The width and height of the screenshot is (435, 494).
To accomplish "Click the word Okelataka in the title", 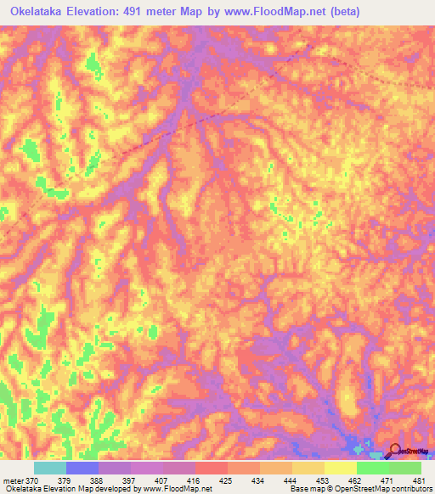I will pyautogui.click(x=38, y=12).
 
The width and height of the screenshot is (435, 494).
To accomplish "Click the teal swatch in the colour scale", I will pyautogui.click(x=50, y=468).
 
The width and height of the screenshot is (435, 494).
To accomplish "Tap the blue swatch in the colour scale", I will pyautogui.click(x=82, y=468).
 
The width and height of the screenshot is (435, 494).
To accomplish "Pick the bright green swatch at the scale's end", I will pyautogui.click(x=404, y=468).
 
